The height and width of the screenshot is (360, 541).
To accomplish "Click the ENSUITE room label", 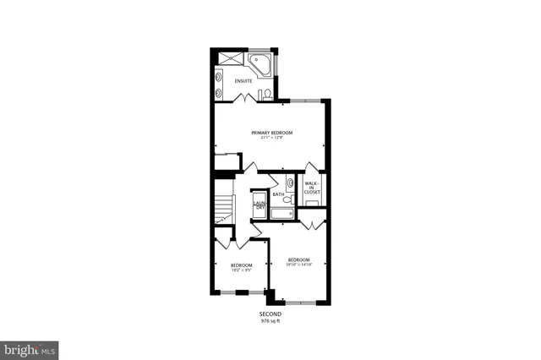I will tap(232, 80).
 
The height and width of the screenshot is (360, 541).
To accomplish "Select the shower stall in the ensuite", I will tap(227, 58).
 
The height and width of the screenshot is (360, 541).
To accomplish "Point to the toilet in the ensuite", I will tap(265, 92).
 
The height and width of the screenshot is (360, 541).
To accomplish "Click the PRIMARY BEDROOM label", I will tap(271, 133).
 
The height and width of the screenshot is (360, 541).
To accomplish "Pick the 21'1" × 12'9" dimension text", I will tap(271, 139).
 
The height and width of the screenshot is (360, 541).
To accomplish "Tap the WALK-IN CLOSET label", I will tap(312, 188).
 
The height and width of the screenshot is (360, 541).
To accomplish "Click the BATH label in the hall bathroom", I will tap(278, 194).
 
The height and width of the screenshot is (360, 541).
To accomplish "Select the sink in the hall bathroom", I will tap(290, 182).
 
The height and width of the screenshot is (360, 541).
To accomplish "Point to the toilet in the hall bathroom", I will tap(287, 200).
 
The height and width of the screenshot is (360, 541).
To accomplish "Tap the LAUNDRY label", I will tap(260, 205).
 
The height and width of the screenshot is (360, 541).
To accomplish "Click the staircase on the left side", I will tap(224, 207).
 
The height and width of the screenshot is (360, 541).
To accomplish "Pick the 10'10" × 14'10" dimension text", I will tap(299, 265).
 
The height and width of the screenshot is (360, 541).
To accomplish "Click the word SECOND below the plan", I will tap(270, 314).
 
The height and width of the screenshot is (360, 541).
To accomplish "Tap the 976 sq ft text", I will tap(270, 321).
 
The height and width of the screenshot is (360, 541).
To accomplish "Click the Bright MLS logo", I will tap(29, 348).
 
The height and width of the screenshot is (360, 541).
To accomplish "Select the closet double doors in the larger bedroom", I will tap(312, 224).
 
